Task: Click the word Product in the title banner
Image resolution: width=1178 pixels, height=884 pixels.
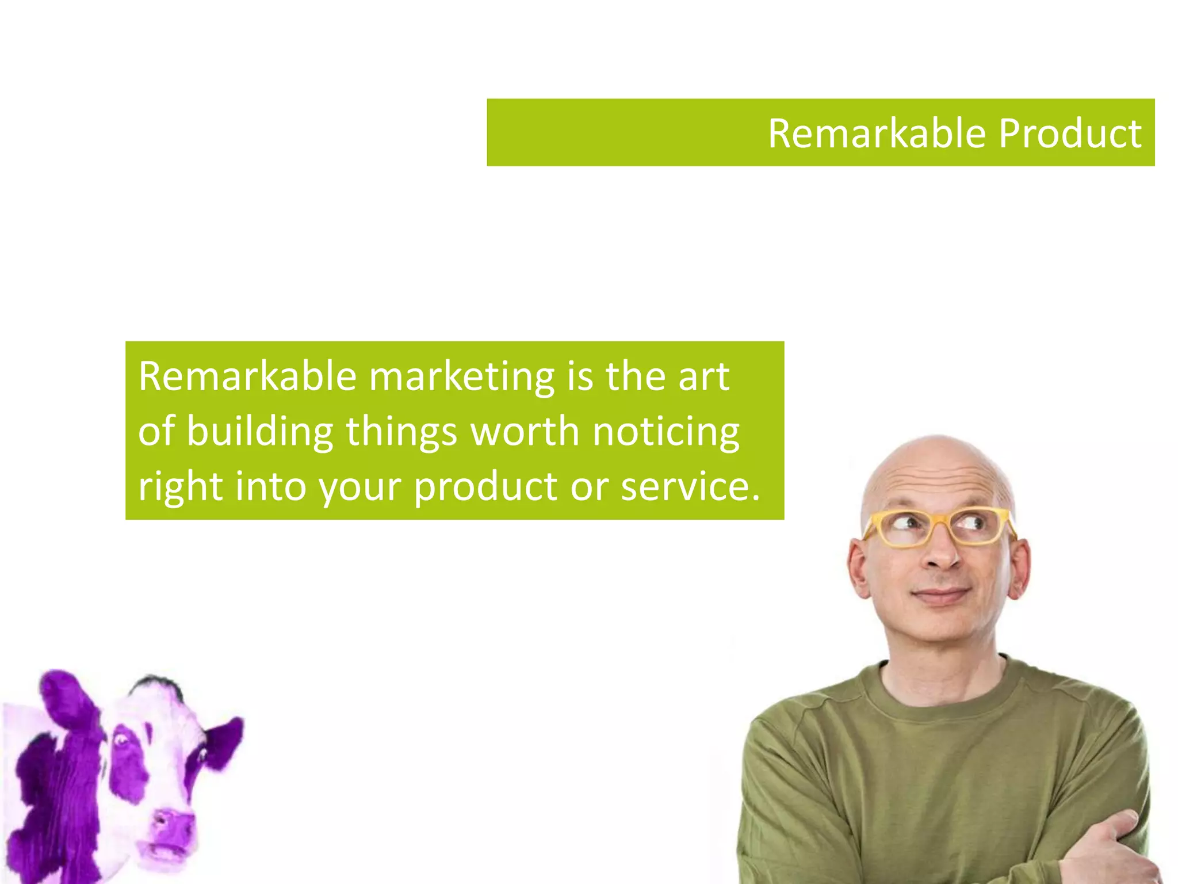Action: tap(1070, 134)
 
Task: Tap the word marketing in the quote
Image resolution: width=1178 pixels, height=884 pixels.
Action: tap(461, 377)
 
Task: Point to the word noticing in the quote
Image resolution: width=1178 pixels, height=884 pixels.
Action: tap(666, 432)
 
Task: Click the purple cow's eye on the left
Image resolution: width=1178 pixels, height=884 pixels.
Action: tap(121, 740)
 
